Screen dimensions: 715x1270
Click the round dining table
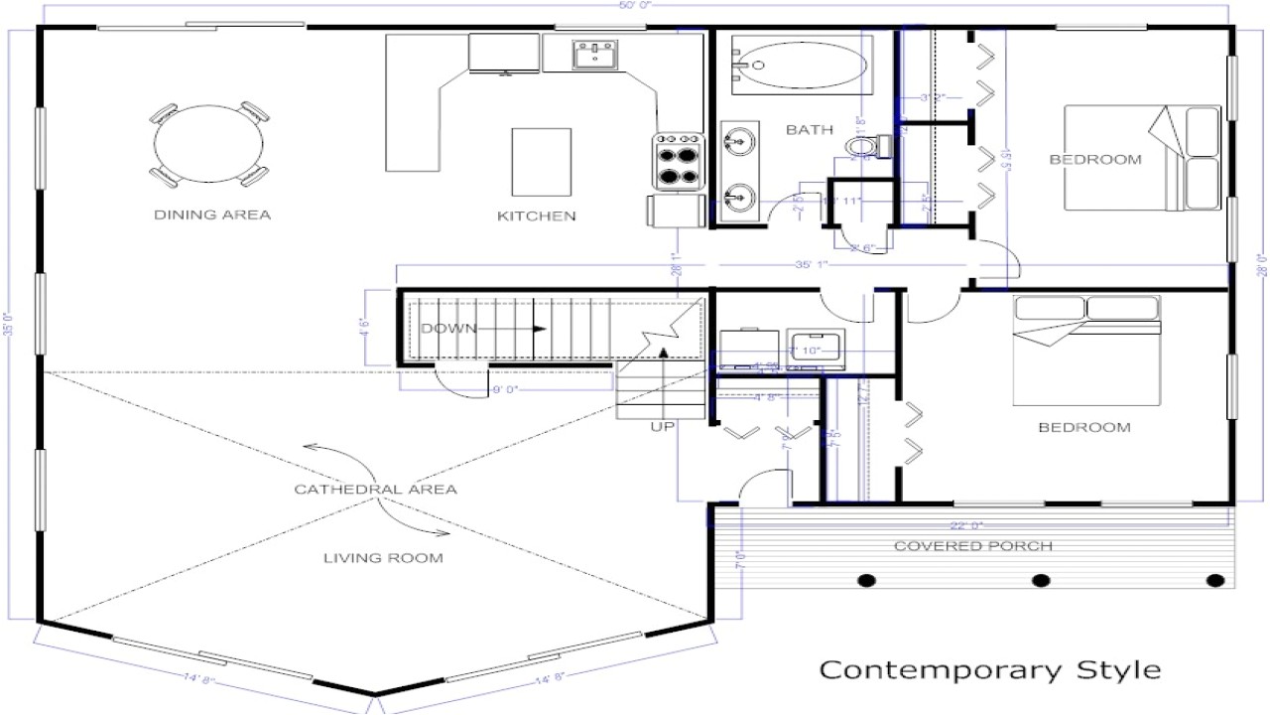pyautogui.click(x=209, y=145)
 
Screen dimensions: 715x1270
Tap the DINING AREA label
pyautogui.click(x=212, y=214)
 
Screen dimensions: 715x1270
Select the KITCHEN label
pyautogui.click(x=537, y=215)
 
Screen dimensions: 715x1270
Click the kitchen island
pyautogui.click(x=541, y=162)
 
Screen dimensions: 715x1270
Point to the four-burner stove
pyautogui.click(x=677, y=162)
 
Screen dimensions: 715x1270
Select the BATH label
pyautogui.click(x=810, y=129)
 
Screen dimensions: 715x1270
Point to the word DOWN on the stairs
pyautogui.click(x=448, y=329)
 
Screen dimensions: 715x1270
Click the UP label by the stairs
pyautogui.click(x=663, y=427)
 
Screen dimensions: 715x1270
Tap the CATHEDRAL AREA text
pyautogui.click(x=375, y=489)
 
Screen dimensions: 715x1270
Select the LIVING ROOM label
pyautogui.click(x=383, y=558)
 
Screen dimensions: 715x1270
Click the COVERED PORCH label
pyautogui.click(x=972, y=546)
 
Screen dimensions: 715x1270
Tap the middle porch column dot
pyautogui.click(x=1041, y=581)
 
